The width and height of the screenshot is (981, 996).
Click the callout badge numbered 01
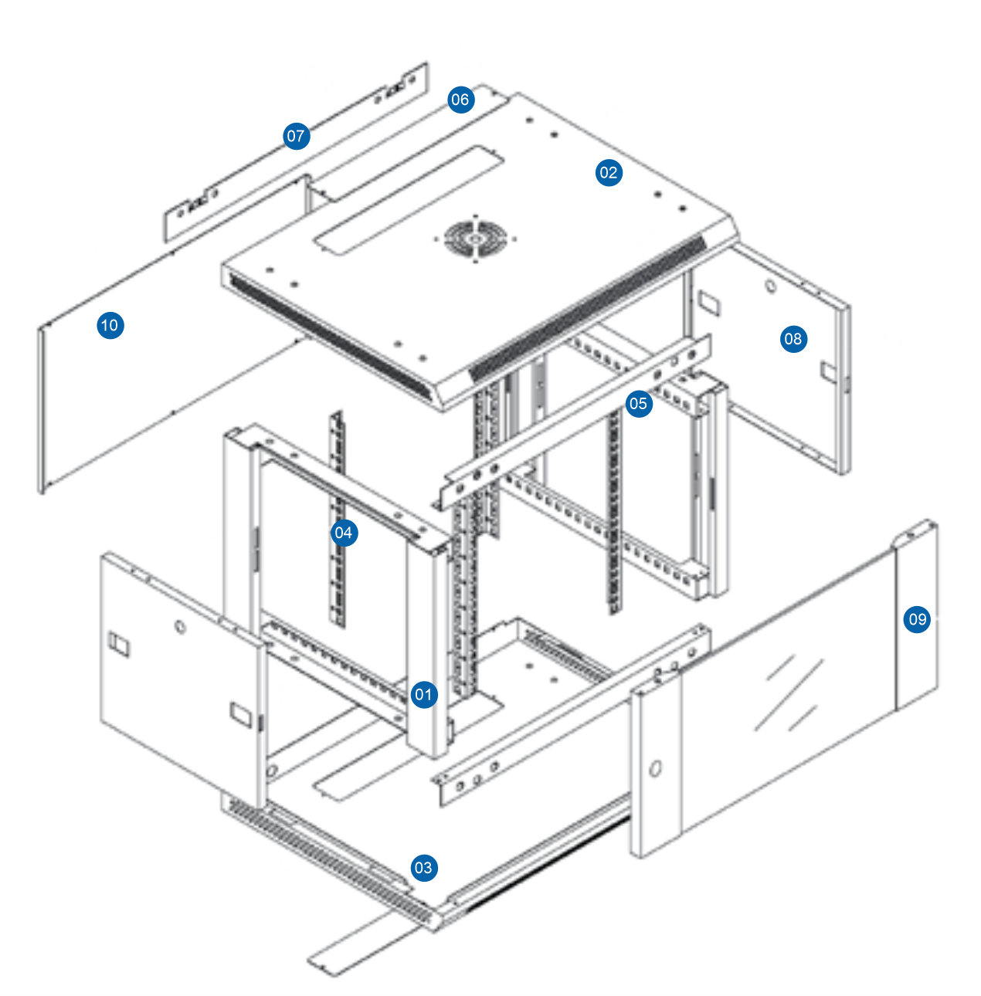click(x=423, y=694)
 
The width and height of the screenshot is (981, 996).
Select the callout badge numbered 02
click(x=609, y=172)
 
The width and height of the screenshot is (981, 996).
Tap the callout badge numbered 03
click(x=423, y=867)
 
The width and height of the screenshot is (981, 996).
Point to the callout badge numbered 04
click(x=344, y=532)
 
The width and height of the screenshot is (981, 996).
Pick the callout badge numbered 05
click(x=638, y=403)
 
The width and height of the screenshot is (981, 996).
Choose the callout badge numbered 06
click(x=460, y=99)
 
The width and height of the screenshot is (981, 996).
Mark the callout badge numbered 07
click(x=297, y=137)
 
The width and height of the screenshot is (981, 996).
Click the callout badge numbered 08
click(x=793, y=338)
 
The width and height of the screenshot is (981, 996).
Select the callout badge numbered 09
click(x=917, y=618)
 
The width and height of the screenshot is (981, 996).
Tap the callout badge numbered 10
click(x=110, y=325)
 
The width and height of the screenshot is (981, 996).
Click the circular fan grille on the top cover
click(x=473, y=238)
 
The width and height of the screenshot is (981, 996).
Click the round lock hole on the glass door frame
click(x=656, y=769)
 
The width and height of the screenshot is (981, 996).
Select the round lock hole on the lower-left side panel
click(x=181, y=627)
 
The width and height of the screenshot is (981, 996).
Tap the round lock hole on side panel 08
click(x=770, y=287)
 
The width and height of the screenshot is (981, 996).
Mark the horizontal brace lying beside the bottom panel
click(x=572, y=718)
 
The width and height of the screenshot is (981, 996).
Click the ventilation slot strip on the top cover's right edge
click(x=587, y=309)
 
